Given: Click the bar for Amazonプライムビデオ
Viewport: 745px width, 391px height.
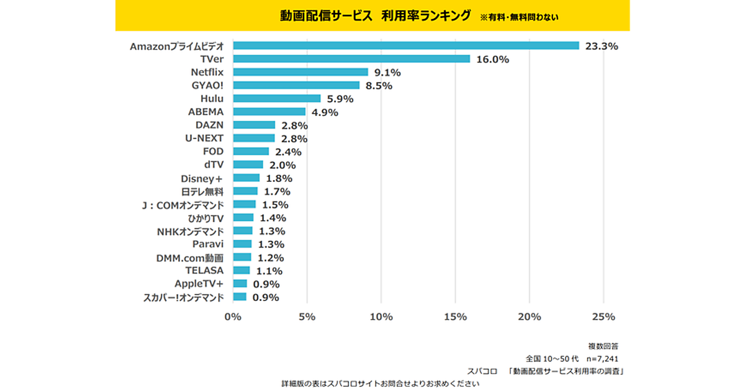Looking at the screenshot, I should point(405,46).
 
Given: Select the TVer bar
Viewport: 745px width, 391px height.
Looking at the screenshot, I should point(351,59).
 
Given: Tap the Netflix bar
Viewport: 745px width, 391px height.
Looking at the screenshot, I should point(300,72).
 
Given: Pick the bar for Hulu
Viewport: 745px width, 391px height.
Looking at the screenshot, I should point(276,99).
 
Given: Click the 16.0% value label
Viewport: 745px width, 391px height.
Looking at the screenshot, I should point(493,60).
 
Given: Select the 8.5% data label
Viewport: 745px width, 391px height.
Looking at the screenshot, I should point(379,86).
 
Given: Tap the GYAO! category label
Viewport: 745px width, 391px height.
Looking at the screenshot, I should point(207,86).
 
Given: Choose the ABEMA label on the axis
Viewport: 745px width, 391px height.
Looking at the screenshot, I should point(205,112).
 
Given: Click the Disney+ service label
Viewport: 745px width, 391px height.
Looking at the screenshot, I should point(202,178).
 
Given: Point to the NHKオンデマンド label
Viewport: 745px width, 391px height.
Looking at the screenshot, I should point(190,231).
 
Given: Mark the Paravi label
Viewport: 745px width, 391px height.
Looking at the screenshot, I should point(208,244).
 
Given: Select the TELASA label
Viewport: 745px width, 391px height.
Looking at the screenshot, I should point(204,271).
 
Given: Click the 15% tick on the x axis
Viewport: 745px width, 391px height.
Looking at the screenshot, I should point(455,317).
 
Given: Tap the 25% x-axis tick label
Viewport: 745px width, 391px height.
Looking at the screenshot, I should point(603,317).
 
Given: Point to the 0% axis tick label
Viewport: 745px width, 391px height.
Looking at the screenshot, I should point(233,317).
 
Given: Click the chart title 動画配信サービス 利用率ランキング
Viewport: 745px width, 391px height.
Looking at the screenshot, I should point(375,16).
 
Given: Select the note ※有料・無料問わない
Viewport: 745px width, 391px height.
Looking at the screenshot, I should point(519,17).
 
